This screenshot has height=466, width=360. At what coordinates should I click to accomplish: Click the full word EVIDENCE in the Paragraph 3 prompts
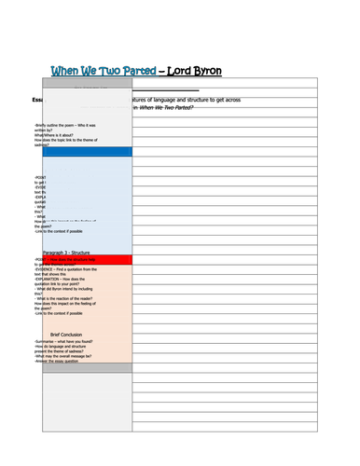coord(48,268)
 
